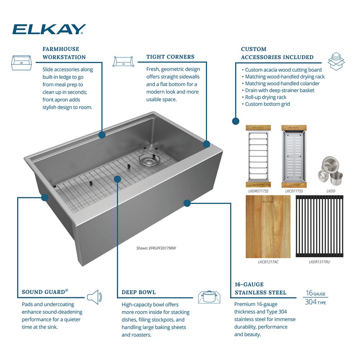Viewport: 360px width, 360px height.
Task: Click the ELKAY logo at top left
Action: pyautogui.click(x=49, y=29)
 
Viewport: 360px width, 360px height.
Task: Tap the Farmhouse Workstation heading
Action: pyautogui.click(x=64, y=53)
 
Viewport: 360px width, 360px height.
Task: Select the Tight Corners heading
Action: pyautogui.click(x=170, y=57)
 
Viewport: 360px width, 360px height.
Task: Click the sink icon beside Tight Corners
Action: pyautogui.click(x=123, y=61)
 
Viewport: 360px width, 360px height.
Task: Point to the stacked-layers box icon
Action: pyautogui.click(x=336, y=61)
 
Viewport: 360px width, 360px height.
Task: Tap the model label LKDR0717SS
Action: pyautogui.click(x=258, y=191)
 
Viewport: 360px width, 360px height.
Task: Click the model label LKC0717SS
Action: pyautogui.click(x=294, y=191)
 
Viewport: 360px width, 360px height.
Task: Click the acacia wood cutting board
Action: pyautogui.click(x=268, y=226)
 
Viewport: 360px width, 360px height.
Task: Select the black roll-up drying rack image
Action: pyautogui.click(x=320, y=226)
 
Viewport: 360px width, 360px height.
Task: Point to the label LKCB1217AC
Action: pyautogui.click(x=268, y=262)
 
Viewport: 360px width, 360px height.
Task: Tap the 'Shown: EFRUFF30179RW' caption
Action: pyautogui.click(x=156, y=248)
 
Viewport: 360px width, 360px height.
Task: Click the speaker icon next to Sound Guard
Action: pyautogui.click(x=94, y=297)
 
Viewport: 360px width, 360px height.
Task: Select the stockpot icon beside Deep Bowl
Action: pyautogui.click(x=209, y=297)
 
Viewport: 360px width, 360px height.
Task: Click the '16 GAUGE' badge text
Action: pyautogui.click(x=315, y=293)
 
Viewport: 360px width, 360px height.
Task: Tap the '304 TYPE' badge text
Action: pyautogui.click(x=315, y=302)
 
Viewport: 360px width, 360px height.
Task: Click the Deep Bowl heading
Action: pyautogui.click(x=139, y=292)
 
